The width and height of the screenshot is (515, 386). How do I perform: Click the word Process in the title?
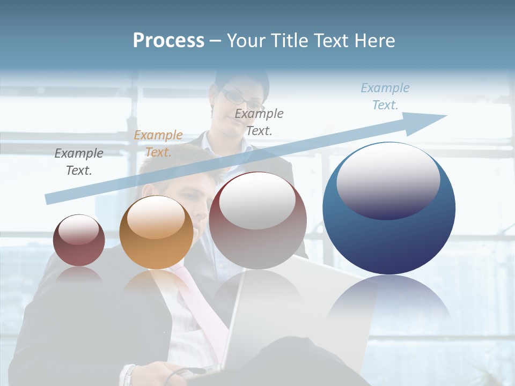pyautogui.click(x=168, y=40)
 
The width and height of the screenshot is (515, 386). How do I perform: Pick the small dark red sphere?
pyautogui.click(x=79, y=252)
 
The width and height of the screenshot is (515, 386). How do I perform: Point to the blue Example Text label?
pyautogui.click(x=385, y=96)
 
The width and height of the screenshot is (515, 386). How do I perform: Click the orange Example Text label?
pyautogui.click(x=158, y=144)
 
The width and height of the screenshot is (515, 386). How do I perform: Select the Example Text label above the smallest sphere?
pyautogui.click(x=79, y=162)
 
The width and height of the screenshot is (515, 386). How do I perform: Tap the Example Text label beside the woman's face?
pyautogui.click(x=259, y=122)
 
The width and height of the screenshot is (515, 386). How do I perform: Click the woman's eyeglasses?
pyautogui.click(x=241, y=98)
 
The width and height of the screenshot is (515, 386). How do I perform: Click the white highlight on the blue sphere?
pyautogui.click(x=388, y=180)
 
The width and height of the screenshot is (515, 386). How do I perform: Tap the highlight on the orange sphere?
pyautogui.click(x=156, y=217)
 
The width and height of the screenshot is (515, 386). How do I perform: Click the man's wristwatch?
pyautogui.click(x=129, y=375)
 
